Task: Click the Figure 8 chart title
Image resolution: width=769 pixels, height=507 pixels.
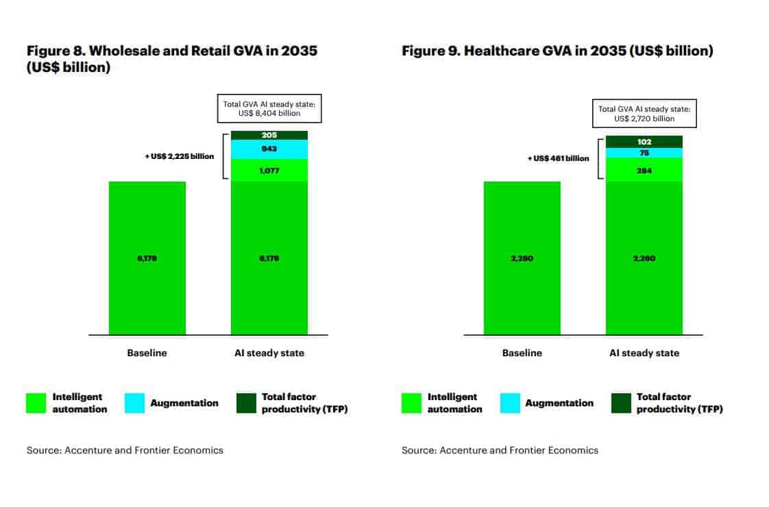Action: click(171, 59)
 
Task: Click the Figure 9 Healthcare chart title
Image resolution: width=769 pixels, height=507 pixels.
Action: click(557, 51)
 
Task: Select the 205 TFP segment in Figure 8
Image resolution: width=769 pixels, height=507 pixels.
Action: click(269, 135)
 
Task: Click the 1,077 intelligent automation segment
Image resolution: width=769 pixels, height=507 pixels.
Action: click(269, 171)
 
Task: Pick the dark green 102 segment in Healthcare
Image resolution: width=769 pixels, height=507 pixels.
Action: click(644, 142)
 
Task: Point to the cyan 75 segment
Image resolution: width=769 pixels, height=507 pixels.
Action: click(644, 153)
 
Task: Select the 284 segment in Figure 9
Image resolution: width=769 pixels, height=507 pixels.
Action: click(644, 170)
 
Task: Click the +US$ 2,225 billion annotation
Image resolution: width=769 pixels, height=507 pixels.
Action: click(179, 156)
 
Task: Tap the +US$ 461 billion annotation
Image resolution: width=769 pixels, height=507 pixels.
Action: click(557, 158)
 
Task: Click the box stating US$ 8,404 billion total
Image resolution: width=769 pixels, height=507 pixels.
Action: click(269, 108)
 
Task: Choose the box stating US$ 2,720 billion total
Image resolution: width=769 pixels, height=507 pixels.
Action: click(644, 114)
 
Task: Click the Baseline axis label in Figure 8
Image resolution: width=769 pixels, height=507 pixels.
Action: click(147, 353)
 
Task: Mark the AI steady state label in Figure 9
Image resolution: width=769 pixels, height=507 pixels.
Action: click(644, 353)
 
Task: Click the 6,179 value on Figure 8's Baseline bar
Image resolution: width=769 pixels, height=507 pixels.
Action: click(147, 258)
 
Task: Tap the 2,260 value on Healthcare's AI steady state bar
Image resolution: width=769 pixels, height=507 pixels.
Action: click(644, 258)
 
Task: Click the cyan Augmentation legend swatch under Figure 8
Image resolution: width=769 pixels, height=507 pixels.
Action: click(134, 403)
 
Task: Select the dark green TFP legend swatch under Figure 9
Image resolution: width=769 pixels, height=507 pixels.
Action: click(620, 403)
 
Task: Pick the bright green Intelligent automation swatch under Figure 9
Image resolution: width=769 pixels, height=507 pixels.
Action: click(411, 403)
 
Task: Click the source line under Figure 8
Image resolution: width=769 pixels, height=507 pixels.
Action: click(125, 450)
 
